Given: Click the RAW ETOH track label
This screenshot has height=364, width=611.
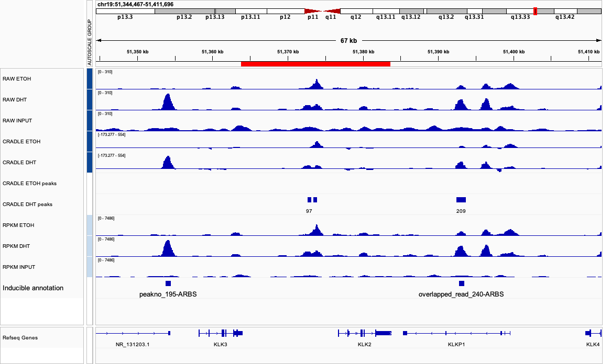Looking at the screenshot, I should tap(17, 79).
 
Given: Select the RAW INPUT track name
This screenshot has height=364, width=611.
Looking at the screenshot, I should tap(17, 121).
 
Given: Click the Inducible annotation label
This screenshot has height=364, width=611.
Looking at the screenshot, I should tap(33, 288).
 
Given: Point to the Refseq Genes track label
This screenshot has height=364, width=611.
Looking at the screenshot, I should tap(20, 338).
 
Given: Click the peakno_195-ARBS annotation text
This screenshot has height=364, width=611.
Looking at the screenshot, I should tap(168, 294).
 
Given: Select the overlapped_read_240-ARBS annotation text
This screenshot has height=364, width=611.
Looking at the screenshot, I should tap(461, 294).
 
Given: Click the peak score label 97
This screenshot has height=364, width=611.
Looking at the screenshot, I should tap(309, 211).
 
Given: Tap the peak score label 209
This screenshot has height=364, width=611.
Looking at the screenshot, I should tap(461, 211).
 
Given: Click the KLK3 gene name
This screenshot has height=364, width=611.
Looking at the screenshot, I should tap(221, 345).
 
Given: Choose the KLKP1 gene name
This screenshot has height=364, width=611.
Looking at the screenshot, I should tap(456, 345).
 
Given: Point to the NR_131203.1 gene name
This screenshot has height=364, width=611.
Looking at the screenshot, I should tap(133, 345).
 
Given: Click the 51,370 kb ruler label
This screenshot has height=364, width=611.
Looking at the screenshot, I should tap(288, 52).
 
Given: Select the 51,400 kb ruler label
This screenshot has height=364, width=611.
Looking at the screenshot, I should tap(514, 52).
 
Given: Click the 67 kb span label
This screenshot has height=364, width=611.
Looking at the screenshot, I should tap(348, 40).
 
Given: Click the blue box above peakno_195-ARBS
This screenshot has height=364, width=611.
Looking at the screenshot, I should tap(168, 283).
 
